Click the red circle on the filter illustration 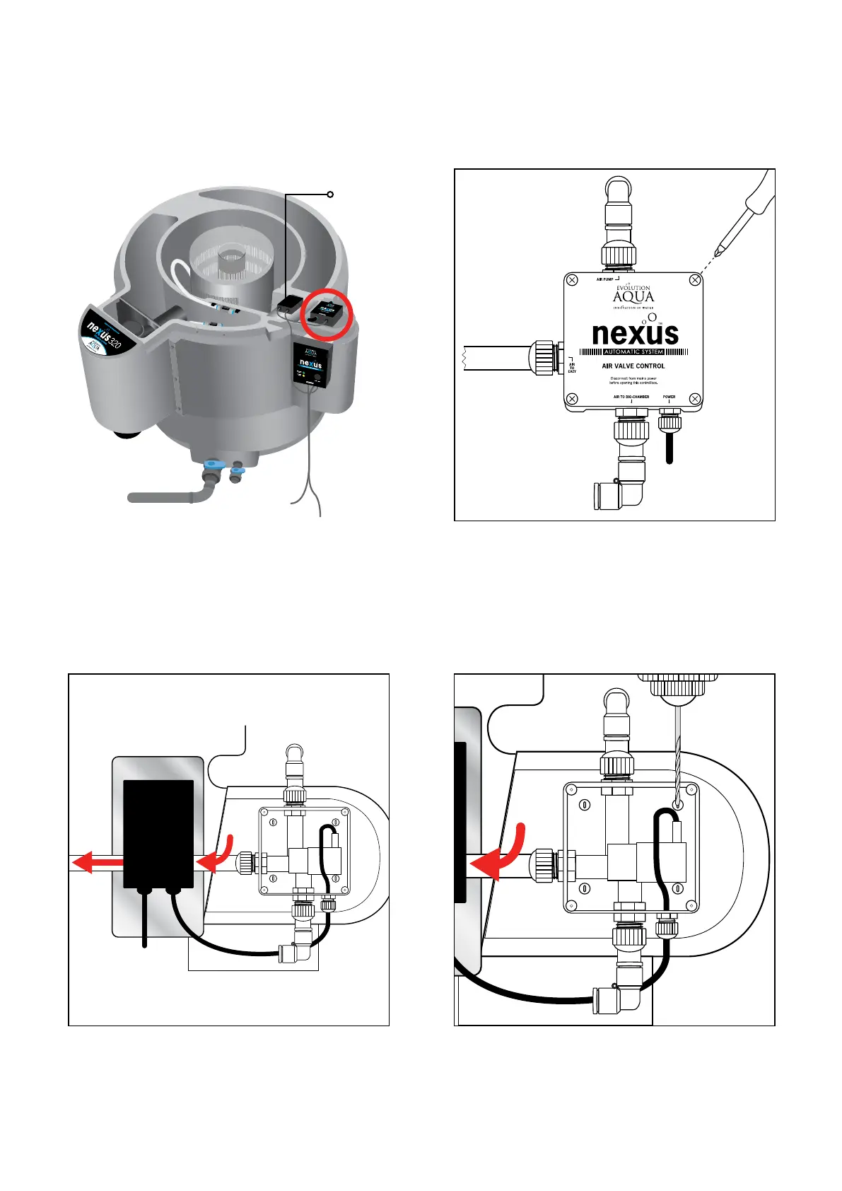[327, 313]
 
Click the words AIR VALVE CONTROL [633, 366]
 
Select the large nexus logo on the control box [635, 333]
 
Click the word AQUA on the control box [633, 297]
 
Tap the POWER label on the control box [669, 397]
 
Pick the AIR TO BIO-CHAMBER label [631, 397]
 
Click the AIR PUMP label [604, 279]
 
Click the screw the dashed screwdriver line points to [695, 280]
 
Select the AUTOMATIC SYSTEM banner [633, 352]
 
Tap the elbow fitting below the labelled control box [620, 492]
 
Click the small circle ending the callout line [330, 194]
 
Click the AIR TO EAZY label [572, 368]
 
